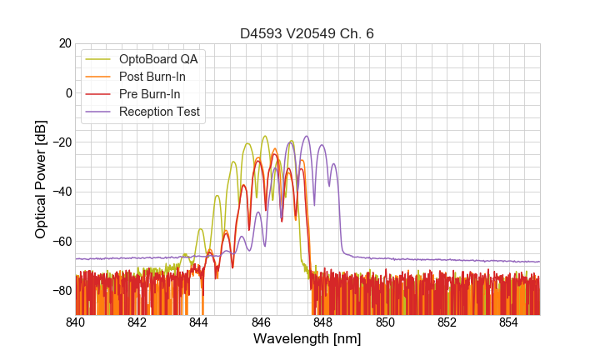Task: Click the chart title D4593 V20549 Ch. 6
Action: click(307, 34)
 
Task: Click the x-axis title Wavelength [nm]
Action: click(307, 340)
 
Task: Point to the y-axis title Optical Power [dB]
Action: click(41, 179)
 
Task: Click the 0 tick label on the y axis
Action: click(68, 92)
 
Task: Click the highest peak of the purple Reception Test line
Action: click(307, 136)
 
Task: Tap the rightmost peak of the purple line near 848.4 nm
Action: click(333, 163)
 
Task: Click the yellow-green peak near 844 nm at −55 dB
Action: click(200, 228)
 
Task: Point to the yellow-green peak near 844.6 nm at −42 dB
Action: click(217, 196)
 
